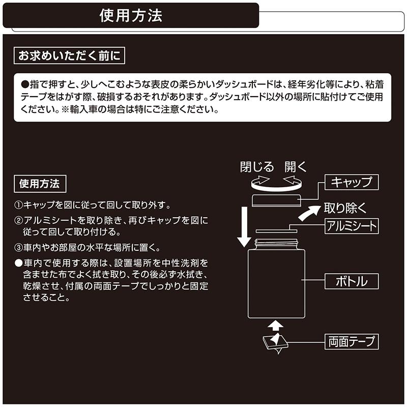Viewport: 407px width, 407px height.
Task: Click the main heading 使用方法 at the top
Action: pos(131,15)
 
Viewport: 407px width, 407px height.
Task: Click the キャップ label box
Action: pos(352,182)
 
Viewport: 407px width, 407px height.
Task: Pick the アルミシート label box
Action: pos(352,226)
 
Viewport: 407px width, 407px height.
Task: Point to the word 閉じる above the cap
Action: pos(257,167)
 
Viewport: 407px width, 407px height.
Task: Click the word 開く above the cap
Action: pos(296,167)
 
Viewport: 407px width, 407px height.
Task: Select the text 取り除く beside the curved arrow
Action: pos(345,208)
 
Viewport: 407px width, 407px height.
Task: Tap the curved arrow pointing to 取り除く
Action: pos(310,213)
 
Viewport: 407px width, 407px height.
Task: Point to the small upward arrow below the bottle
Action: pos(275,324)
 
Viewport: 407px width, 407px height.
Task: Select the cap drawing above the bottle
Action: pos(275,199)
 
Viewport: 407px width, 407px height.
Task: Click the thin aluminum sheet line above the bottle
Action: pos(275,231)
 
